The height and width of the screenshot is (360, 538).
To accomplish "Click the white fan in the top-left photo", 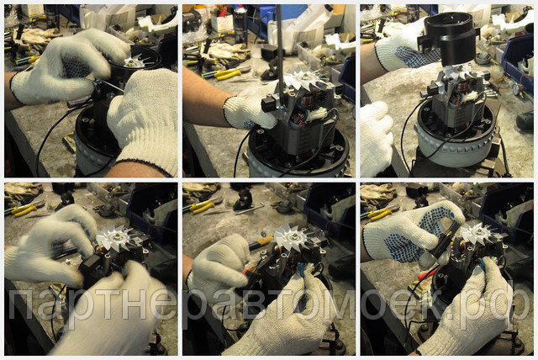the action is [x=134, y=61].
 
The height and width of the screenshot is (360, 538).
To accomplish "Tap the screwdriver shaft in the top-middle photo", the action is [x=279, y=51].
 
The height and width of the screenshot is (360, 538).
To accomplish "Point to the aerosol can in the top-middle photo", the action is [x=240, y=24].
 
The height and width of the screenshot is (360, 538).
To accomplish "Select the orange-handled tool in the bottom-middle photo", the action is [x=261, y=242].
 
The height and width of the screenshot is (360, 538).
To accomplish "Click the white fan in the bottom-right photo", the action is [x=477, y=233].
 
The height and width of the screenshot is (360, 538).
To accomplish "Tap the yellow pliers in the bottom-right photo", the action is [x=377, y=214].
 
